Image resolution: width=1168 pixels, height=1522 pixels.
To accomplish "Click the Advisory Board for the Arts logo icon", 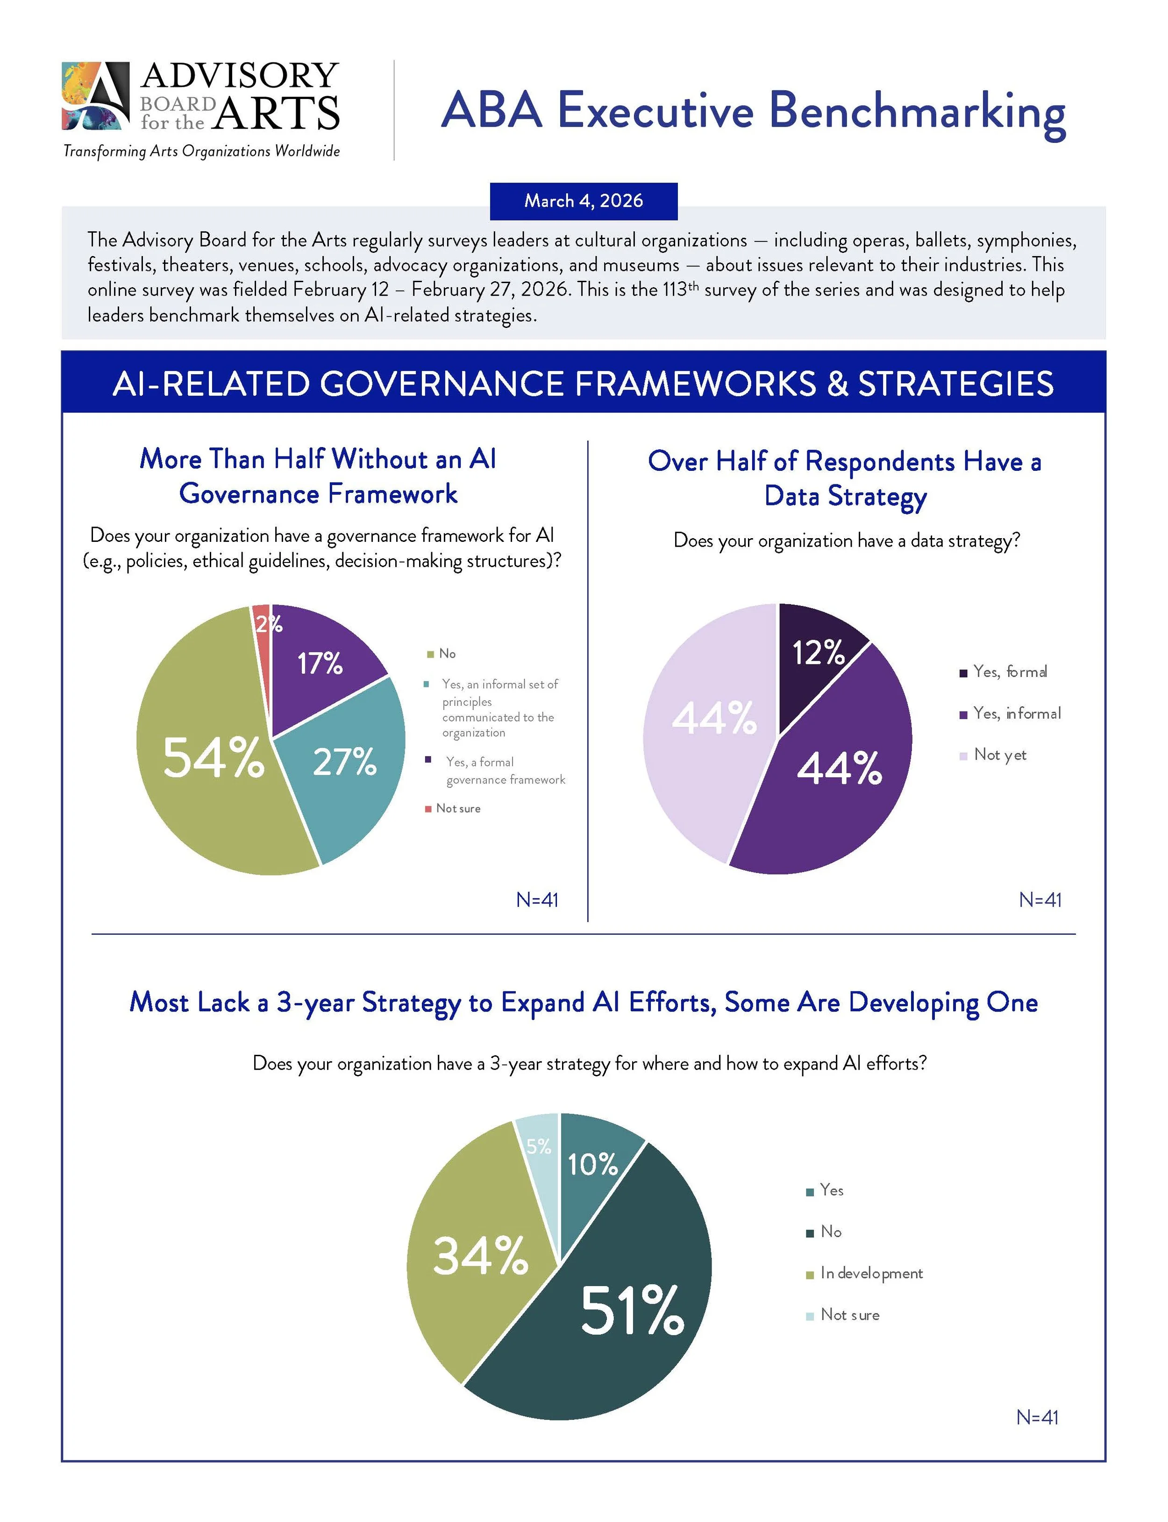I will coord(96,96).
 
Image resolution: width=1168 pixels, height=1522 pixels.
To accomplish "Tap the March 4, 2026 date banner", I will coord(584,201).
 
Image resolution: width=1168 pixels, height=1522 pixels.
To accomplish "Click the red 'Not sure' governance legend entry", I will coord(457,808).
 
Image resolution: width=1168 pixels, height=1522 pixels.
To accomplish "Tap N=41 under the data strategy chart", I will coord(1040,900).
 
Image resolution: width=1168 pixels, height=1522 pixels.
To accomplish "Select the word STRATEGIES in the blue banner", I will coord(955,384).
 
